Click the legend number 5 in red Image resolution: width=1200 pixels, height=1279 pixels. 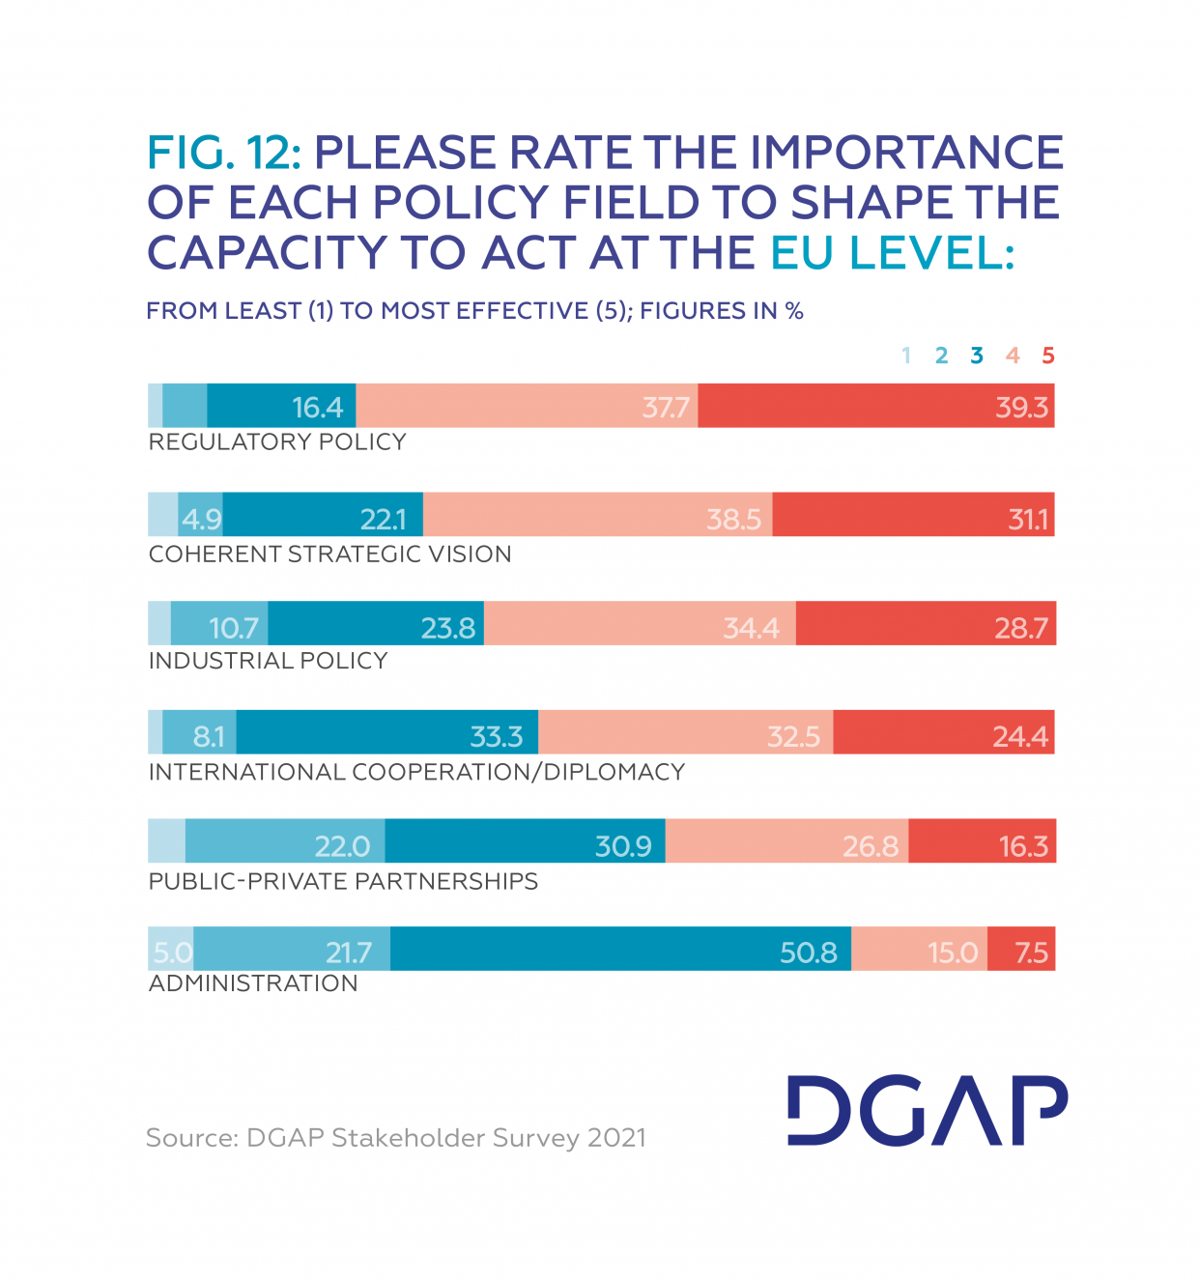click(1047, 355)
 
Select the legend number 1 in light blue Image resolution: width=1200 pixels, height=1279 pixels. click(906, 355)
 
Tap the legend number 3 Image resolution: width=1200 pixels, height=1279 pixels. click(977, 355)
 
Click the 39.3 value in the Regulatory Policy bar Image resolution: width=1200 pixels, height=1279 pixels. click(1021, 407)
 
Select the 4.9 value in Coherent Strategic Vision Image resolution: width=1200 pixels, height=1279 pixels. click(201, 520)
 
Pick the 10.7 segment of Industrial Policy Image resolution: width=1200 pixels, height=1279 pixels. click(233, 629)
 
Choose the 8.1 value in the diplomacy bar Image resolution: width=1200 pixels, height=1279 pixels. click(208, 737)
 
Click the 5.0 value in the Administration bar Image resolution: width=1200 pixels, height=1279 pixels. click(172, 953)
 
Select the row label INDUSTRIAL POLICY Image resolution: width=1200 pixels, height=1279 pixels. click(268, 661)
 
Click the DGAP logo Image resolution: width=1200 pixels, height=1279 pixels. click(927, 1111)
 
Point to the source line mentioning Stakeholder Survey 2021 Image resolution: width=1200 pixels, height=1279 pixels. click(396, 1138)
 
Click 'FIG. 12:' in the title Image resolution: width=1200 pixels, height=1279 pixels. click(224, 153)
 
